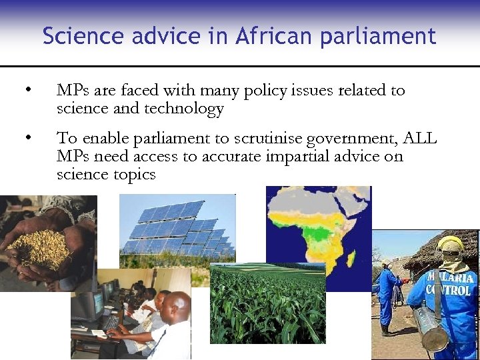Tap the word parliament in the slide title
(x=377, y=36)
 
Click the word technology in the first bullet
(x=184, y=109)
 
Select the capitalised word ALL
(x=420, y=139)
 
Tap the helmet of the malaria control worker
(x=451, y=247)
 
